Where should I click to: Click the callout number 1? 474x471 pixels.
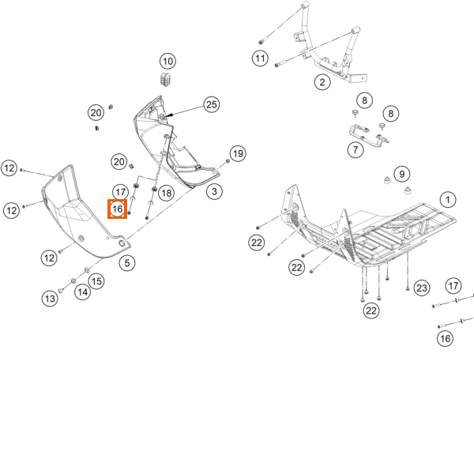(448, 199)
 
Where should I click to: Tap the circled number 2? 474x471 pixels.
(322, 82)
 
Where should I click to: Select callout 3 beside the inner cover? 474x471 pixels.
(214, 191)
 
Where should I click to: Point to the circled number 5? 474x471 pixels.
(127, 263)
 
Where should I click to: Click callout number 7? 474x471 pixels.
(355, 149)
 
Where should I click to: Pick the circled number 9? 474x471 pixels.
(402, 174)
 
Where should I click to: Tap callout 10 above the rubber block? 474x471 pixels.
(167, 61)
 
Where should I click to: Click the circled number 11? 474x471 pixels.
(260, 58)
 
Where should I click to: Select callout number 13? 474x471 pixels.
(50, 299)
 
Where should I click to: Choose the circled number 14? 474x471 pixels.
(82, 292)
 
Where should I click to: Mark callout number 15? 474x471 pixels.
(96, 281)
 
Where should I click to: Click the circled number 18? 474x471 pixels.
(166, 193)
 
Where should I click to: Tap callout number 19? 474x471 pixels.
(238, 153)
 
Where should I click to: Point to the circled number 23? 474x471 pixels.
(422, 288)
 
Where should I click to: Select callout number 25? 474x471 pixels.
(211, 104)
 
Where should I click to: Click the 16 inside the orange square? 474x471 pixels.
(117, 209)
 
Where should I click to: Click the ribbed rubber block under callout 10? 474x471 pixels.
(166, 79)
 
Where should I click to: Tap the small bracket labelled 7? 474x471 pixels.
(368, 136)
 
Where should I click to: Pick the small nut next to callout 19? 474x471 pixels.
(228, 161)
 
